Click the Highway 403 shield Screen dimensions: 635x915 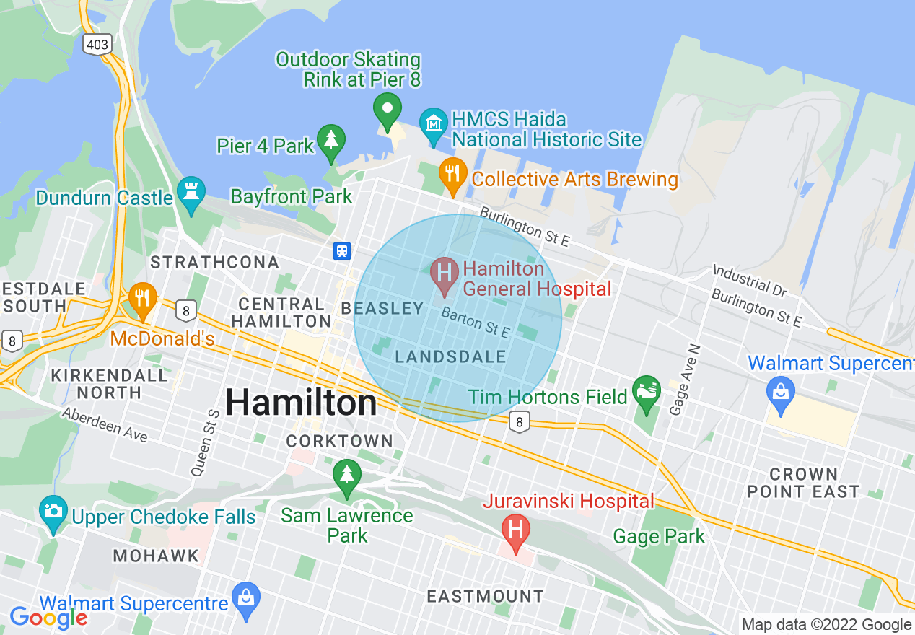97,45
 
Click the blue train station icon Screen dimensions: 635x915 342,250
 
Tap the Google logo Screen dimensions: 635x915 48,618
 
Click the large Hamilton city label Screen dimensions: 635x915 301,402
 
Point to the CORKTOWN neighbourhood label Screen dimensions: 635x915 339,441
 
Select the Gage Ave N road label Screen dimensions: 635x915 685,380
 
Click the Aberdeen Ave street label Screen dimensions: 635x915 105,425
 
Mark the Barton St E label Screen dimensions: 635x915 476,323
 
